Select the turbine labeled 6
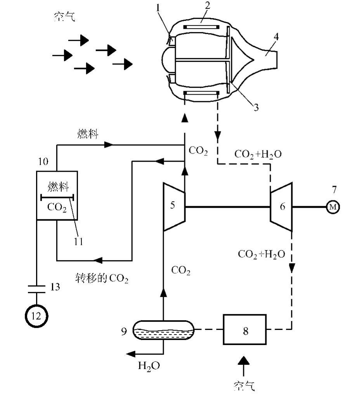click(282, 206)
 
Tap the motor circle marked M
click(333, 207)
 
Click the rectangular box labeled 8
click(245, 330)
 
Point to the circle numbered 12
click(36, 316)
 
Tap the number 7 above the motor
click(334, 190)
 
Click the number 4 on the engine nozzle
click(276, 37)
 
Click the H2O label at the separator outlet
click(149, 366)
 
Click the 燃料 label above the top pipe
click(88, 135)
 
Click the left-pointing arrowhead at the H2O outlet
click(130, 353)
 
